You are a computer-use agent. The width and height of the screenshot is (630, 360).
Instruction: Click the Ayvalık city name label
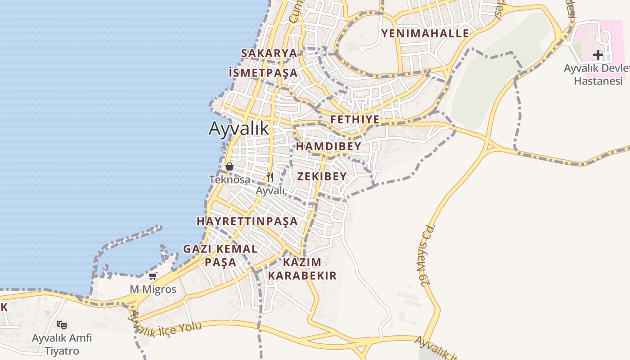click(239, 129)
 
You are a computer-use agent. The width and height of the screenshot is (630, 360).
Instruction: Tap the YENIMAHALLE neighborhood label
click(425, 33)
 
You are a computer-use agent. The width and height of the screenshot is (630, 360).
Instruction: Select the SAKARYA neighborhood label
click(269, 53)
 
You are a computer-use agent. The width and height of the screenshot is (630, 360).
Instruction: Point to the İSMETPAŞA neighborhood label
click(263, 73)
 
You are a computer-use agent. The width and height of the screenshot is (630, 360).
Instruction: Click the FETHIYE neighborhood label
click(355, 120)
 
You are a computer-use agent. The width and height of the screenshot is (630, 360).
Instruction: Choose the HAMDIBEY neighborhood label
click(328, 147)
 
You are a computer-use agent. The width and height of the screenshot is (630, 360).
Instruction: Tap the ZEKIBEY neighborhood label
click(322, 176)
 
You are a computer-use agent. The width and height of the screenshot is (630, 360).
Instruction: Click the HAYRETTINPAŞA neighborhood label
click(247, 221)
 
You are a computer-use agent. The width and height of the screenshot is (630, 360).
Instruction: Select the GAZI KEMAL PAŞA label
click(220, 255)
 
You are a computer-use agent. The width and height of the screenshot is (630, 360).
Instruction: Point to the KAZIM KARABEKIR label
click(302, 269)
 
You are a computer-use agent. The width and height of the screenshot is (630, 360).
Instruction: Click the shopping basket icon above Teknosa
click(229, 166)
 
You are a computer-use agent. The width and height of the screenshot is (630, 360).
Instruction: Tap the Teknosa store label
click(229, 180)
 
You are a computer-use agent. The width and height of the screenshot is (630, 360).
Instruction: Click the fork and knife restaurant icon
click(270, 177)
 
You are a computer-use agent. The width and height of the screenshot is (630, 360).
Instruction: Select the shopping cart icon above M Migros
click(153, 276)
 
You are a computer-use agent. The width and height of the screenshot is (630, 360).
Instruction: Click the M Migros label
click(153, 289)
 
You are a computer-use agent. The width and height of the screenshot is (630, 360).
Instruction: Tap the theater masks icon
click(62, 324)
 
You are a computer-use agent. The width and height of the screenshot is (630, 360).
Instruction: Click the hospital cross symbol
click(598, 55)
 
